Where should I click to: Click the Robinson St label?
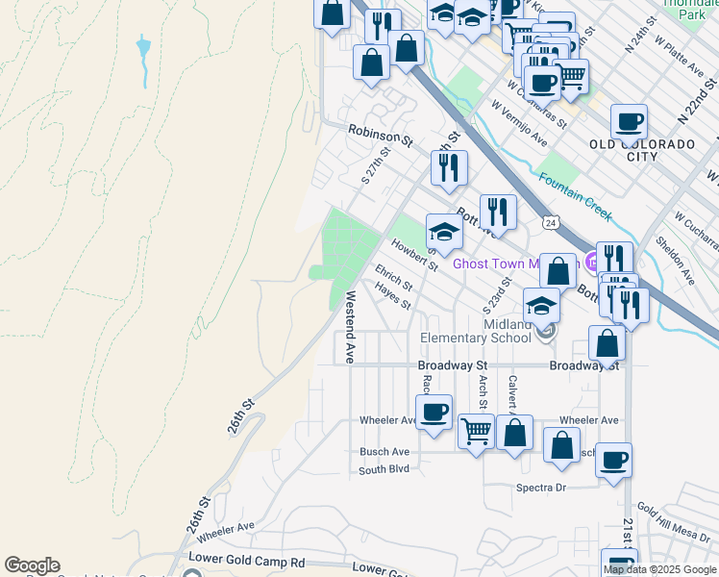click(380, 135)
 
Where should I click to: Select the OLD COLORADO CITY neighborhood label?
click(642, 150)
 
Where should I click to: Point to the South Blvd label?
click(384, 469)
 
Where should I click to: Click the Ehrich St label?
click(394, 279)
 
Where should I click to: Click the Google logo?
click(32, 565)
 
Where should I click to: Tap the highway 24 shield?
click(550, 223)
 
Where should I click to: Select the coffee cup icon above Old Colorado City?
click(629, 121)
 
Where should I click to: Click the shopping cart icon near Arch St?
click(476, 431)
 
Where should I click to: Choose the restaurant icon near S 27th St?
click(449, 168)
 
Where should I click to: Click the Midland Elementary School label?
click(476, 331)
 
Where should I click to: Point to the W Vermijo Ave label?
click(518, 125)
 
